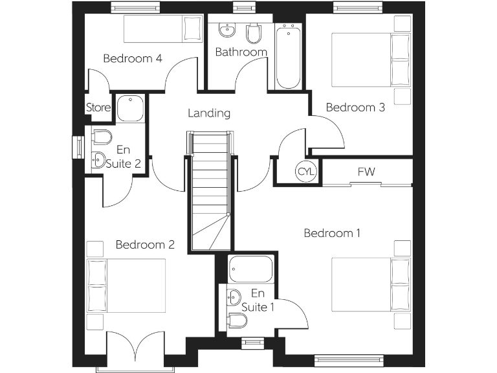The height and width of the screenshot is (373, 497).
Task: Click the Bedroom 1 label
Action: (332, 233)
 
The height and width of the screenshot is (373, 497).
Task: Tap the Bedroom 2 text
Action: (145, 245)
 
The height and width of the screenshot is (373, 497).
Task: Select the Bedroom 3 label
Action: (355, 107)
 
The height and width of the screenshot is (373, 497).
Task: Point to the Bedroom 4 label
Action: (133, 59)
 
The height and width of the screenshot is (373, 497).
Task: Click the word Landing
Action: (209, 113)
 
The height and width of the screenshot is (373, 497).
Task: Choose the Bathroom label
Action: (241, 52)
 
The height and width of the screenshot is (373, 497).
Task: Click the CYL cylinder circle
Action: (305, 172)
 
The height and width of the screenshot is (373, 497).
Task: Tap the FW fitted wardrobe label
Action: (366, 172)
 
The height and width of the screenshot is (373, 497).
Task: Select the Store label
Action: (98, 108)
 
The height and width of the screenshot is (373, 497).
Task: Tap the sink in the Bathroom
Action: (226, 31)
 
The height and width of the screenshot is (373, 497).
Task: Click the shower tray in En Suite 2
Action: (131, 108)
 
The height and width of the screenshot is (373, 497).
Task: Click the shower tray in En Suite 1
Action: (250, 269)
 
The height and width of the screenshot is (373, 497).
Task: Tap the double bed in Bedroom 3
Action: (371, 60)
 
